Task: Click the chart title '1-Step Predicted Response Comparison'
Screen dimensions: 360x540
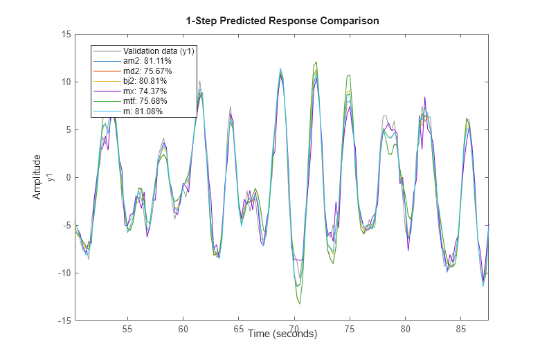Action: pyautogui.click(x=282, y=21)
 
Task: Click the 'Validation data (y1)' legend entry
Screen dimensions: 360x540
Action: pyautogui.click(x=158, y=51)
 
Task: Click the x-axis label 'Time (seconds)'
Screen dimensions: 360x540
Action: pyautogui.click(x=282, y=334)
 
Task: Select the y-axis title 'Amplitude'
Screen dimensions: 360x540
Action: pyautogui.click(x=37, y=177)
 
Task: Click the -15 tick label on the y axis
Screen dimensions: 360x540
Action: pyautogui.click(x=64, y=321)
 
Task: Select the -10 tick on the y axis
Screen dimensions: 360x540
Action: pyautogui.click(x=64, y=273)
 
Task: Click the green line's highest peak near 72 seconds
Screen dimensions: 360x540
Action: pyautogui.click(x=316, y=62)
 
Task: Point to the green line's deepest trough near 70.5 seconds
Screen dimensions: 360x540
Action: pyautogui.click(x=300, y=303)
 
